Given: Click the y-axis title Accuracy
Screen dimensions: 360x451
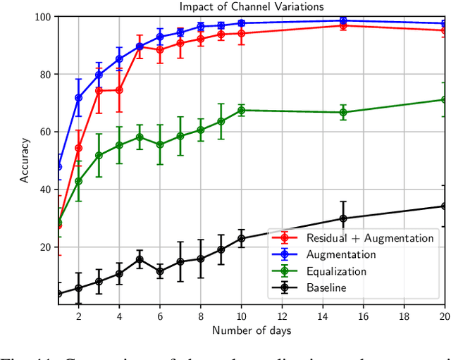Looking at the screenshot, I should pos(25,160).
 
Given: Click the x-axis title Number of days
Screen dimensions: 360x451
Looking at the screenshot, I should pos(251,330).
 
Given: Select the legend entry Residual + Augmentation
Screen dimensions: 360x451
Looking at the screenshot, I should pos(370,238).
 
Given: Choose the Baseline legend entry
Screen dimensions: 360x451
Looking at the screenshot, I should pos(331,287).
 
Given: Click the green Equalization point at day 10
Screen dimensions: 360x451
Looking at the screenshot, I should pos(242,110).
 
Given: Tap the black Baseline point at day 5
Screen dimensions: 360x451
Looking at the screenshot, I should pos(140,259).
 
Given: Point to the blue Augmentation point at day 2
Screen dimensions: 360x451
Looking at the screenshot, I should pos(78,98).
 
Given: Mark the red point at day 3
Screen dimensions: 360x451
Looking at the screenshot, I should pos(99,90).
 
